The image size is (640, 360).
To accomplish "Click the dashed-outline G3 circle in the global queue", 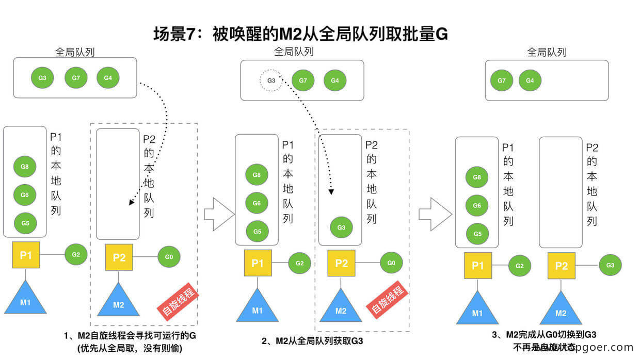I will [271, 80].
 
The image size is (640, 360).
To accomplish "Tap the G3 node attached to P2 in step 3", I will [610, 265].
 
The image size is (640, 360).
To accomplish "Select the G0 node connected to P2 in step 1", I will [169, 256].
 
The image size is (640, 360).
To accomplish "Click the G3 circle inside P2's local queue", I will [341, 227].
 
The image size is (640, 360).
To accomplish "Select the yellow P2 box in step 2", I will [341, 263].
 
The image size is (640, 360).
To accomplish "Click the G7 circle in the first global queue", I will [76, 78].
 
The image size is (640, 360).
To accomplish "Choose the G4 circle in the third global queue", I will [530, 80].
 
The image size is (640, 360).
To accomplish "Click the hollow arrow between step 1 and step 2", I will [219, 213].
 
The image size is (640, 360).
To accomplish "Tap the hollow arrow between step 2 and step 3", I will [435, 212].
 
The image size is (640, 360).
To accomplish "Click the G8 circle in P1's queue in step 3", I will [477, 178].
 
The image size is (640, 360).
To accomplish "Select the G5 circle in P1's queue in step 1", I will [25, 223].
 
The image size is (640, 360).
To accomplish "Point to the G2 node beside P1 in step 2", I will [299, 263].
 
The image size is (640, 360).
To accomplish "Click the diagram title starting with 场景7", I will [300, 35].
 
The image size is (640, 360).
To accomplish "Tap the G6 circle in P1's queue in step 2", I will [257, 203].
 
